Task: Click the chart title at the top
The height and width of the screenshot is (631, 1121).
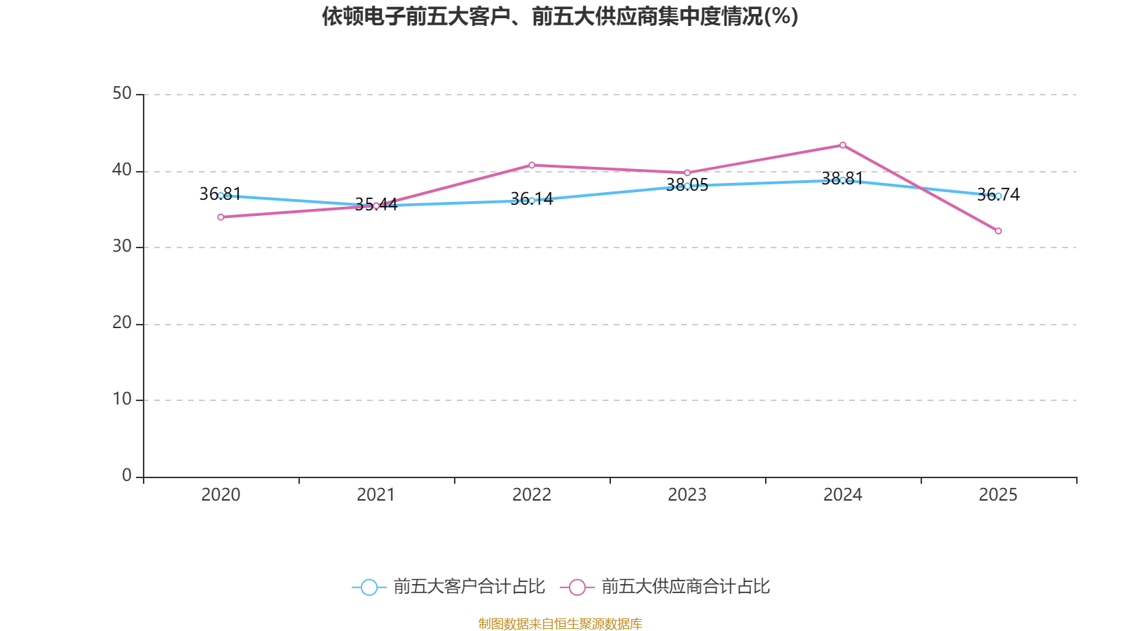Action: tap(560, 16)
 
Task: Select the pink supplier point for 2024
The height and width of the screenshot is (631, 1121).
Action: tap(843, 145)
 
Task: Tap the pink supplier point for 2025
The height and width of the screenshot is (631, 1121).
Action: tap(998, 231)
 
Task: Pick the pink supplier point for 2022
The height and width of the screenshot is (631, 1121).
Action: tap(532, 165)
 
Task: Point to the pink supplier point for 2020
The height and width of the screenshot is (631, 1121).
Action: tap(221, 217)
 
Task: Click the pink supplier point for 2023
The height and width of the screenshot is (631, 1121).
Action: tap(687, 172)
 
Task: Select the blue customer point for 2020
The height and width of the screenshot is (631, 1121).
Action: tap(221, 196)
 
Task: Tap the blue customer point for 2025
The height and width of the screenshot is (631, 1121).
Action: tap(998, 196)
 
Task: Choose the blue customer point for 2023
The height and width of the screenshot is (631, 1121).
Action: tap(687, 186)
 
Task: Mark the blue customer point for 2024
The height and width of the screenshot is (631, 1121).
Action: tap(843, 180)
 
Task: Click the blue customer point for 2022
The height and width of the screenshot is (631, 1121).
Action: tap(532, 201)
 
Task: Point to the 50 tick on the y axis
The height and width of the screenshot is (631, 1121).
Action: tap(122, 94)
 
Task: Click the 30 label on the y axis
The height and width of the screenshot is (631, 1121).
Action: tap(122, 247)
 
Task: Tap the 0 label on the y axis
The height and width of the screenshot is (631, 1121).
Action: tap(127, 476)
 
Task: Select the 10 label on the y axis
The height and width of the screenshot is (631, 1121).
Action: tap(122, 400)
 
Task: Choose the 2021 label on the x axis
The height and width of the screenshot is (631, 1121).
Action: tap(376, 495)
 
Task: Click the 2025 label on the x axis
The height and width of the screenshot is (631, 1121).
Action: tap(998, 495)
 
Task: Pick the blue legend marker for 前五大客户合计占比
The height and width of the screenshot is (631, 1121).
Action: tap(369, 588)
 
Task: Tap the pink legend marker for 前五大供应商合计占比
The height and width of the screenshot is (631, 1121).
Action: tap(577, 588)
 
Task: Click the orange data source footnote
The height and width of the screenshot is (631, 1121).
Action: tap(560, 623)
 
